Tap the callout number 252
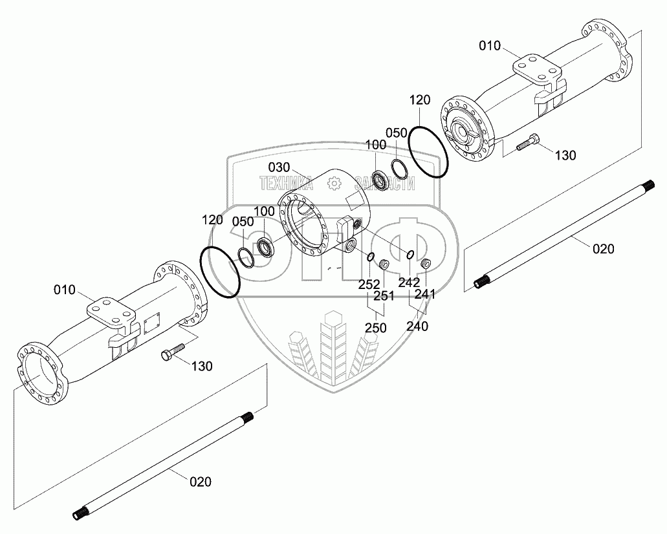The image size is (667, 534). point(369,284)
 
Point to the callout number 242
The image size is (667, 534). point(409,282)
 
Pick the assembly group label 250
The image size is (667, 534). point(375,328)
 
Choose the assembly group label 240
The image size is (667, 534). point(418,326)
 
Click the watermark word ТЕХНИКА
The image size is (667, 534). point(286,184)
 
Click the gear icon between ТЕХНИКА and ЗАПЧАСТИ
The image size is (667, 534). point(334,184)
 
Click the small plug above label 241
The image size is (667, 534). point(426,264)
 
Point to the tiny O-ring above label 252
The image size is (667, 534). point(370,258)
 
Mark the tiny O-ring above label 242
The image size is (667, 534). point(411,254)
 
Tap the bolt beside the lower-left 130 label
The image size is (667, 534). point(171,352)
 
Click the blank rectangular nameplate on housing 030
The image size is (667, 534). point(356,200)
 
